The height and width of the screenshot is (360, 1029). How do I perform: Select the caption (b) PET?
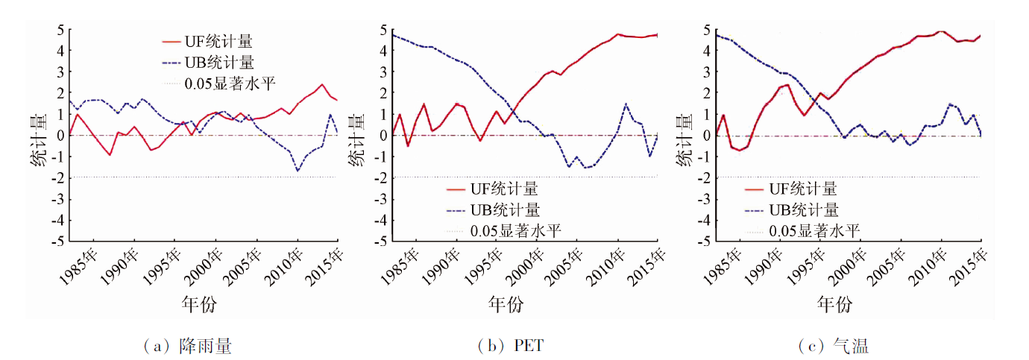[514, 346]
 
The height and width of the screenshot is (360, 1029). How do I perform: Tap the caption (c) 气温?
[833, 346]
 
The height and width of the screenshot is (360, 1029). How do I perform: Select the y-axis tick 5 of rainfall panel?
[60, 31]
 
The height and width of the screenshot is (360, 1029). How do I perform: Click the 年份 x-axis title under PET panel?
[506, 304]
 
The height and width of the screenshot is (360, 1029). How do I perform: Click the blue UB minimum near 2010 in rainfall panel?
[298, 171]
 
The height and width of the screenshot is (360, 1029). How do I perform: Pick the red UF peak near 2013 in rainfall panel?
[321, 85]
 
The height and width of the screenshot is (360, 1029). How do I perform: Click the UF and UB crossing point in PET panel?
[514, 112]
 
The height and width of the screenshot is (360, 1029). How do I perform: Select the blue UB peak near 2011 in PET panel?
[626, 104]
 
